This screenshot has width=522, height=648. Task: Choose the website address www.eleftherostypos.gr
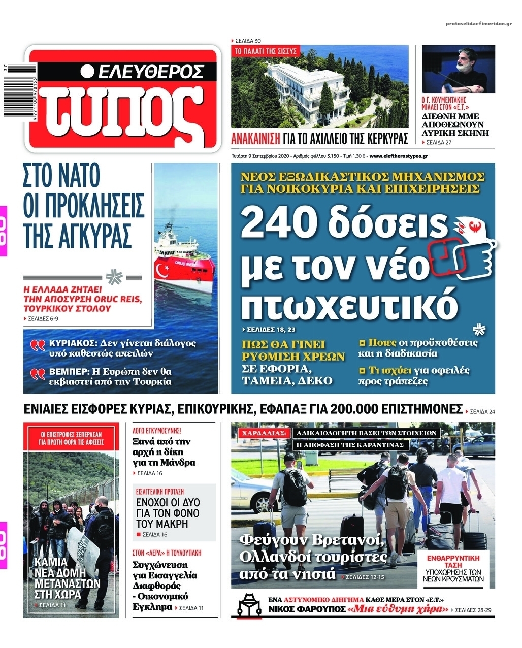click(399, 156)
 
